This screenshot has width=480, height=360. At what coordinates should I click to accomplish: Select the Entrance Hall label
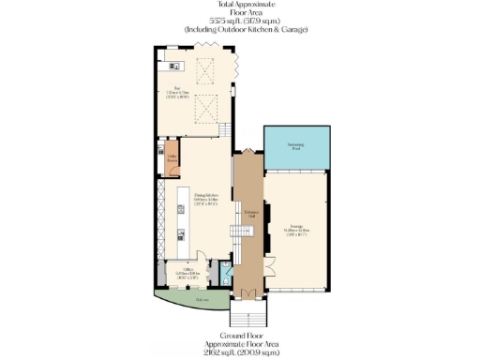tap(250, 215)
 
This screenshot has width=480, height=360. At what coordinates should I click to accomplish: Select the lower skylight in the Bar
tap(205, 113)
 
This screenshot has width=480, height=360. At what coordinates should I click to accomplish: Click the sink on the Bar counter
tap(172, 66)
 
